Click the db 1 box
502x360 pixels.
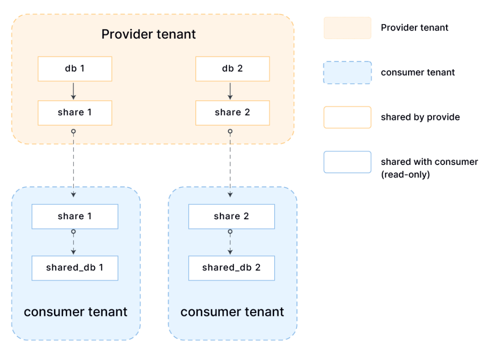75,69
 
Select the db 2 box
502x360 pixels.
233,69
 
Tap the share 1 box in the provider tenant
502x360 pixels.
75,113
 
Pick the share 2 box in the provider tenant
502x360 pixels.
233,113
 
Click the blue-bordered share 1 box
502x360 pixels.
75,216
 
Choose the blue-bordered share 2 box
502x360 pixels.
231,216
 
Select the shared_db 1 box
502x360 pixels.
75,268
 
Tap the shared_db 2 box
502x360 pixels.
231,268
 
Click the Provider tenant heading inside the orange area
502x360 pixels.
149,34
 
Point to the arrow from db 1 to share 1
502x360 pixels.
73,91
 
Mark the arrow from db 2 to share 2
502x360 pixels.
230,91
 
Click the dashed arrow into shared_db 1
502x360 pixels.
73,242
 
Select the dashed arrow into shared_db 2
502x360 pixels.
230,242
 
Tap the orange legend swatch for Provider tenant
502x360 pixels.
347,28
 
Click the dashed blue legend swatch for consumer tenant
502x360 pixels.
347,72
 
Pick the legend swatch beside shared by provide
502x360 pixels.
347,118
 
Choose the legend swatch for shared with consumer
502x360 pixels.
347,162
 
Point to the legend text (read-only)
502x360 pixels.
405,175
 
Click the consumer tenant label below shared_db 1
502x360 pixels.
76,312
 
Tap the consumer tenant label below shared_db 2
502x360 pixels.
232,312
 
